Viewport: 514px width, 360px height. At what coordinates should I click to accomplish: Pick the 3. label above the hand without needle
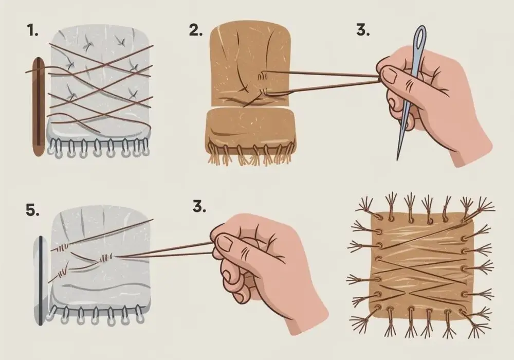[199, 207]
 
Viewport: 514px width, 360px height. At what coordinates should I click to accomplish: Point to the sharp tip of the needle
[398, 160]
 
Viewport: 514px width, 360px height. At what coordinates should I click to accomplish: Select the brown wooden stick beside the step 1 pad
[39, 107]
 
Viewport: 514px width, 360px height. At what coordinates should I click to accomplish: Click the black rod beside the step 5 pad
[41, 280]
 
